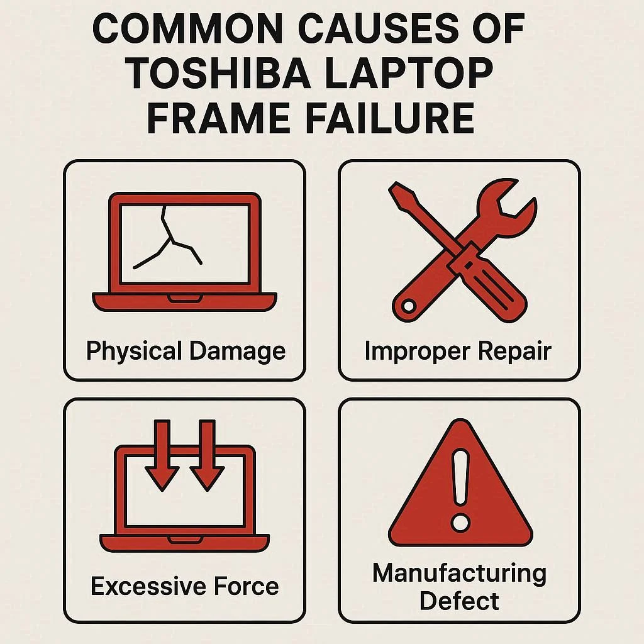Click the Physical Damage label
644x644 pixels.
tap(186, 352)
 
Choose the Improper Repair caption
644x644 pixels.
tap(458, 352)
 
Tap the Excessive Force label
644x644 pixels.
tap(185, 586)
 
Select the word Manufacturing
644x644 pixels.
tap(459, 574)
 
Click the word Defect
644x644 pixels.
tap(459, 601)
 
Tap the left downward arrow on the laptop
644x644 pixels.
tap(162, 455)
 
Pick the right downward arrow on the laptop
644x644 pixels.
tap(207, 455)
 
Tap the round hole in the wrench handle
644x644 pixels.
tap(409, 306)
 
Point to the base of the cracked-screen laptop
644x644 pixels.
tap(184, 301)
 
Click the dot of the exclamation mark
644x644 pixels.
tap(460, 523)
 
